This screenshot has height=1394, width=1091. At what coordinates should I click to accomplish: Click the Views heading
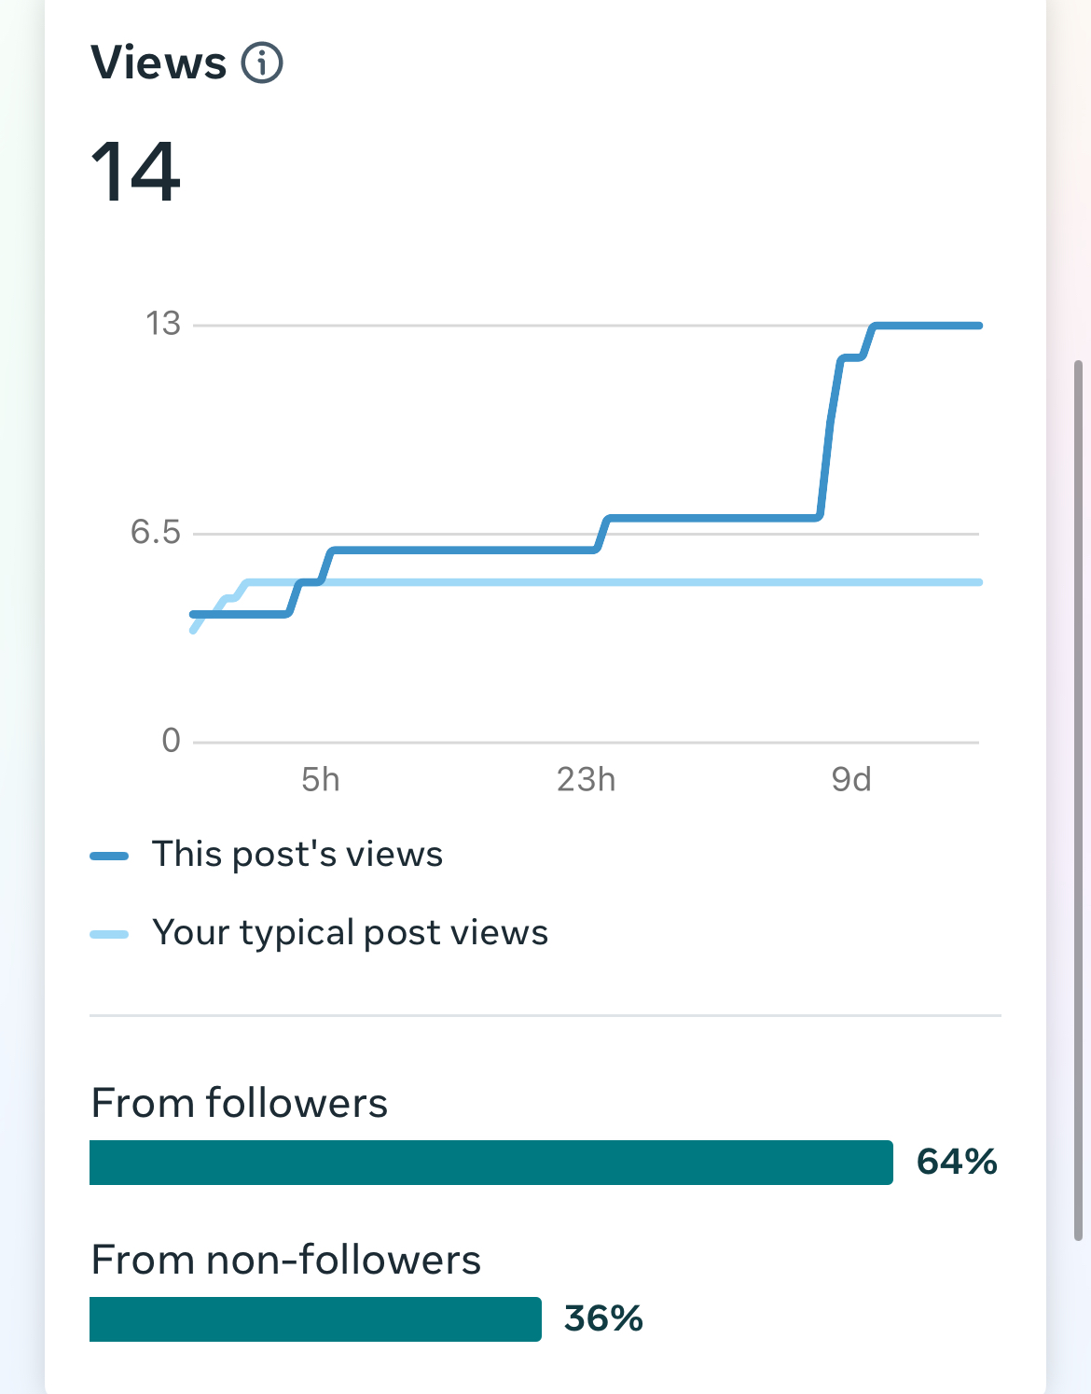point(159,63)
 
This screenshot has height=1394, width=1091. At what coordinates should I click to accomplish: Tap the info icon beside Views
point(262,63)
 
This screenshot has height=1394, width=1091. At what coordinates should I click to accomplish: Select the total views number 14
point(136,172)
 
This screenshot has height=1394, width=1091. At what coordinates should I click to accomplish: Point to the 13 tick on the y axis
point(163,324)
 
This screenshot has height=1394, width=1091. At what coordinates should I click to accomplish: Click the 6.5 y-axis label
point(156,532)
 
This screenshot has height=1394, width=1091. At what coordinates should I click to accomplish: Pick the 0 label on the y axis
point(171,741)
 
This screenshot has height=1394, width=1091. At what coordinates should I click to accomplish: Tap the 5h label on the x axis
point(320,779)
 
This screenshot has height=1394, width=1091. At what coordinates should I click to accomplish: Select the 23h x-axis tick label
point(586,779)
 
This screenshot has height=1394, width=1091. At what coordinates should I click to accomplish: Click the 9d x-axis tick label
point(850,779)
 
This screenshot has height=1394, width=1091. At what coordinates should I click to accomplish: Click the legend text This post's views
point(297,855)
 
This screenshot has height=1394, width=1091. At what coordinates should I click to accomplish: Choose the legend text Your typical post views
point(350,933)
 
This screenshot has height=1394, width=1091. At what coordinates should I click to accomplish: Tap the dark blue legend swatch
point(109,857)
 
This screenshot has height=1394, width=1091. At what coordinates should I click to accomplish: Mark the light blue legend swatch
point(109,935)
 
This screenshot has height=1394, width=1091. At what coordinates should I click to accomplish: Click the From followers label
point(240,1103)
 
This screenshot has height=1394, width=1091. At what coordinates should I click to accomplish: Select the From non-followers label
point(286,1261)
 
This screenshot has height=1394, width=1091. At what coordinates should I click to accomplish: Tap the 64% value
point(957,1162)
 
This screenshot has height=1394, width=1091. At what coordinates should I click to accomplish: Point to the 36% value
point(603,1318)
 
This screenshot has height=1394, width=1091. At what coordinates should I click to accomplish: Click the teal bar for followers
point(490,1163)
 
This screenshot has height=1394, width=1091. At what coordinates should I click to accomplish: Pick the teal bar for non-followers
point(315,1319)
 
